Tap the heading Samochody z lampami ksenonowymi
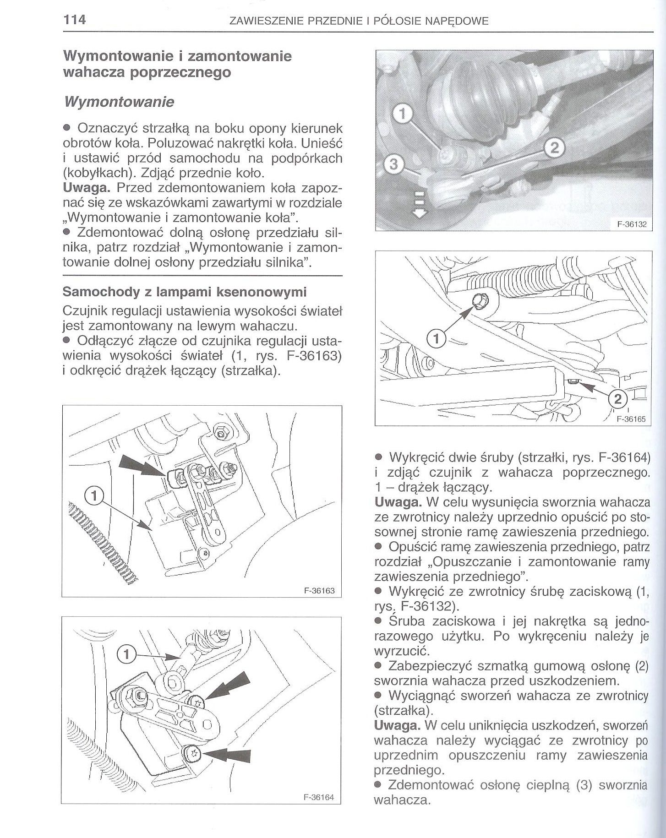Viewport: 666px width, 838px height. [185, 291]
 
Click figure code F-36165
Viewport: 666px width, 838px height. [631, 419]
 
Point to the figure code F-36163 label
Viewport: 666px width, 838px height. [319, 591]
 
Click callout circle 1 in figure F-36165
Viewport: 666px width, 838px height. [436, 339]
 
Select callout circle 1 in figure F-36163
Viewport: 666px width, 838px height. [94, 495]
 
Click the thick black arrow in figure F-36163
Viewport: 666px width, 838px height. [142, 467]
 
